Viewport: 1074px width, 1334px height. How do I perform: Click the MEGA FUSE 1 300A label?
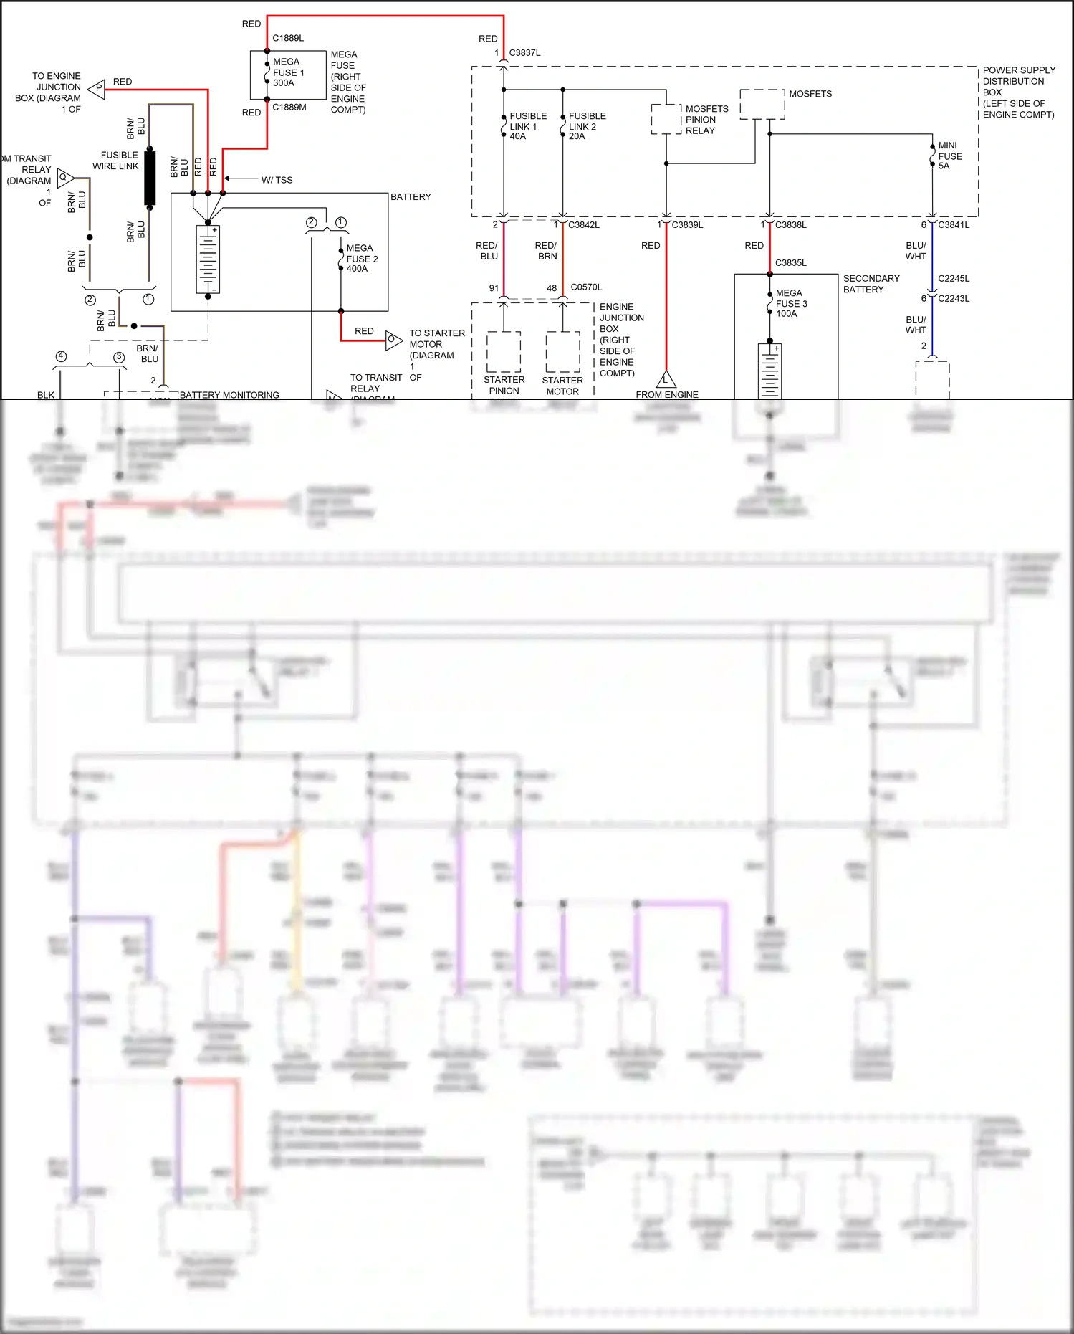(288, 72)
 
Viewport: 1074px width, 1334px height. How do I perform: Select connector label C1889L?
(288, 38)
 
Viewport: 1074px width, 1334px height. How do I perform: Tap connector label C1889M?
(289, 108)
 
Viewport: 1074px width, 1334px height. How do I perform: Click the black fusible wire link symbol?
(150, 178)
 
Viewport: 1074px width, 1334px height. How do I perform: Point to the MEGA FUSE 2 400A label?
(362, 258)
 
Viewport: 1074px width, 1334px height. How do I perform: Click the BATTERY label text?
(411, 197)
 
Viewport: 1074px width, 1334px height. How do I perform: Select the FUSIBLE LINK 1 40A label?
(528, 126)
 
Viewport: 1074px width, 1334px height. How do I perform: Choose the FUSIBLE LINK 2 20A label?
(587, 126)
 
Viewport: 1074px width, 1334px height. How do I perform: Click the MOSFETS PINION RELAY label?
(706, 120)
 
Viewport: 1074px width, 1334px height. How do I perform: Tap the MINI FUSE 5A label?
(950, 156)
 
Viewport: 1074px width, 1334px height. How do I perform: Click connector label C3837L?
(524, 53)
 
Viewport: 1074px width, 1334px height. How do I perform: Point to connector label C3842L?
(584, 225)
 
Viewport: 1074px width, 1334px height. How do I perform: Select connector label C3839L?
(687, 225)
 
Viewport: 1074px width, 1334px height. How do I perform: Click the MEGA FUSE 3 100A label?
(791, 303)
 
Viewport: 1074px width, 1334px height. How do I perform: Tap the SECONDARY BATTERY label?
(871, 284)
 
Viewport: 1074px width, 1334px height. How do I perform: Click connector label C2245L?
(954, 279)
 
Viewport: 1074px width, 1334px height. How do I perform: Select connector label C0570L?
(586, 287)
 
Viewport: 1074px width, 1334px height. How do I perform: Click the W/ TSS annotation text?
(277, 180)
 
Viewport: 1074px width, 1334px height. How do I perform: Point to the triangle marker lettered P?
(97, 88)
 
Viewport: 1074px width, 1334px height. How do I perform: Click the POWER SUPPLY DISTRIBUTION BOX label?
(1018, 92)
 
